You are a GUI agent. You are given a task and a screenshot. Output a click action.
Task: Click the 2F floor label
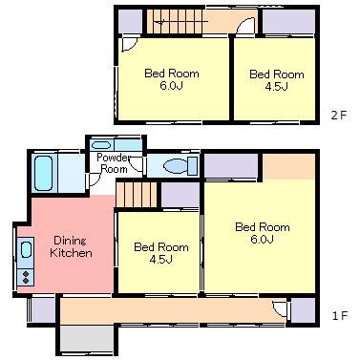point(338,115)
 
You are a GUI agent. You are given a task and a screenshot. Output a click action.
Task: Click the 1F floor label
point(339,316)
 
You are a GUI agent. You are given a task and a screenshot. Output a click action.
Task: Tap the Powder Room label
point(114,162)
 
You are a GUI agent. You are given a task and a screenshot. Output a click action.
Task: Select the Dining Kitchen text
point(71,246)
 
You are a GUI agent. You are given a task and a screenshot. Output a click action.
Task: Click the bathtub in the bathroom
point(43,173)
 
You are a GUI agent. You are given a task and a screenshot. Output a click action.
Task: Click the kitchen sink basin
point(27,249)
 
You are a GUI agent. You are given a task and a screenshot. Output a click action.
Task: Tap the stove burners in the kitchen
point(26,277)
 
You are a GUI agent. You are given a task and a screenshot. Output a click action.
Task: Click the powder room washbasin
point(101,145)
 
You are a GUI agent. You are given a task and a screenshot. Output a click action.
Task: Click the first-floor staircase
point(137,195)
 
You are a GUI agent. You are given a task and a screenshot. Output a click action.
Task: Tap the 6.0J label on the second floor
point(171,86)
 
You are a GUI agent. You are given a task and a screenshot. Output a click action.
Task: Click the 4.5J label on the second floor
point(277,87)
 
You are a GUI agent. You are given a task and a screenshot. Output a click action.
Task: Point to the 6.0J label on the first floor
point(263,239)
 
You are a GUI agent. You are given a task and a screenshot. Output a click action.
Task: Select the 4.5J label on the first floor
point(161,260)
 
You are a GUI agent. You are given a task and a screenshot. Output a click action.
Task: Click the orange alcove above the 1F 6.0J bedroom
point(289,166)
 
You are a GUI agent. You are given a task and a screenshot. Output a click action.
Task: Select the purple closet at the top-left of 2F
point(130,21)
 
